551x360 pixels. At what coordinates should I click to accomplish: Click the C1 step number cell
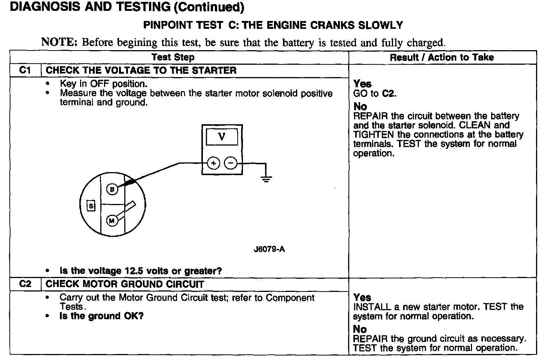(x=25, y=70)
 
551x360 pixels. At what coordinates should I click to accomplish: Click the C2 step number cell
(x=25, y=284)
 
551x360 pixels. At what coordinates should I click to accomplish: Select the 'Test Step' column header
(x=173, y=57)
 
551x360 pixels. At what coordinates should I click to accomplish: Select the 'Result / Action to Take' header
(x=442, y=57)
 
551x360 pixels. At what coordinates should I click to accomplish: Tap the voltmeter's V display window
(x=222, y=137)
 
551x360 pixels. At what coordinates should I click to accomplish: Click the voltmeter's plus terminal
(x=213, y=163)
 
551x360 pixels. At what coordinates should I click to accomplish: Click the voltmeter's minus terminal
(x=231, y=163)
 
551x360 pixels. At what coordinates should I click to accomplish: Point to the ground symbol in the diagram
(x=266, y=179)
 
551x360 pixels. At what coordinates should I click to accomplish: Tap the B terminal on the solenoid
(x=112, y=189)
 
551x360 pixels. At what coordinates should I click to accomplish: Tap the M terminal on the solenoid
(x=112, y=221)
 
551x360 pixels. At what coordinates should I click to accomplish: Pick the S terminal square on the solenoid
(x=91, y=206)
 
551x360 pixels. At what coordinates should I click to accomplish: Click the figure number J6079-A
(x=269, y=249)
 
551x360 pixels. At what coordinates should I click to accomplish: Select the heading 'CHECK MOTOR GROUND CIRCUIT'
(x=125, y=284)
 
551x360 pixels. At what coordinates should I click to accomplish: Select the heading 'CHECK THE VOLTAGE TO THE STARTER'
(x=141, y=70)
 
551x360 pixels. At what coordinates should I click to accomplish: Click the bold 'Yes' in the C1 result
(x=362, y=84)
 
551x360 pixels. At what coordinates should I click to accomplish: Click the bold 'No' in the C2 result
(x=360, y=329)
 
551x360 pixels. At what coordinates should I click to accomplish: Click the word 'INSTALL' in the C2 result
(x=372, y=307)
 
